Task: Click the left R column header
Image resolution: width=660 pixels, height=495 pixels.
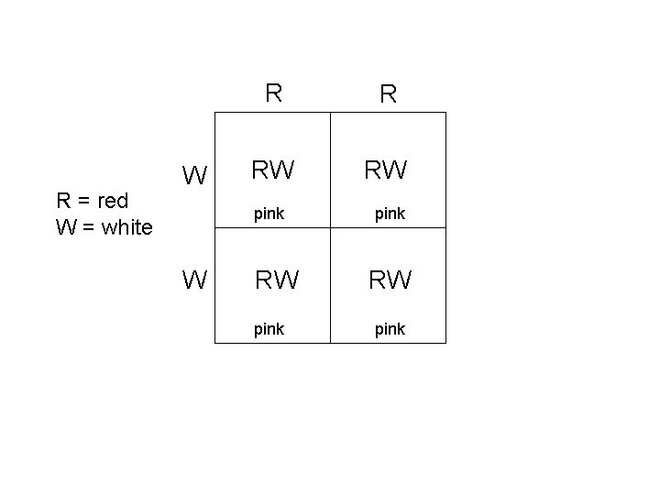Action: pos(272,93)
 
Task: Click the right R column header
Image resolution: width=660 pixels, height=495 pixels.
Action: pos(388,94)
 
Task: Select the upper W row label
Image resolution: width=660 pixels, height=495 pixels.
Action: pos(194,174)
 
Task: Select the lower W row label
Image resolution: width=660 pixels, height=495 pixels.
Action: pos(194,280)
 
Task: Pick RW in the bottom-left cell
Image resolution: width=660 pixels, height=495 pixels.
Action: pos(276,280)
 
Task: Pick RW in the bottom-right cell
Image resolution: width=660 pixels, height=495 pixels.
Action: pos(390,280)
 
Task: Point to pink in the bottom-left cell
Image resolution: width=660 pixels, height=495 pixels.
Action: pos(269,328)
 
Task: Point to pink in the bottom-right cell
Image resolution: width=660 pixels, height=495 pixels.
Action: pos(390,328)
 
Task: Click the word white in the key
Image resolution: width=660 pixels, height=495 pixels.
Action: pos(127,226)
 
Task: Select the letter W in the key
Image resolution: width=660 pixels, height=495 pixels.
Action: pos(65,226)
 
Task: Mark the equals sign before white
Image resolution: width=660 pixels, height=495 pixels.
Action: pos(90,227)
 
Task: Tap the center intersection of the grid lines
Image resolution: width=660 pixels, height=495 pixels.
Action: pos(330,227)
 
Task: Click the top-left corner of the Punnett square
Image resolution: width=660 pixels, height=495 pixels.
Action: pos(214,113)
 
